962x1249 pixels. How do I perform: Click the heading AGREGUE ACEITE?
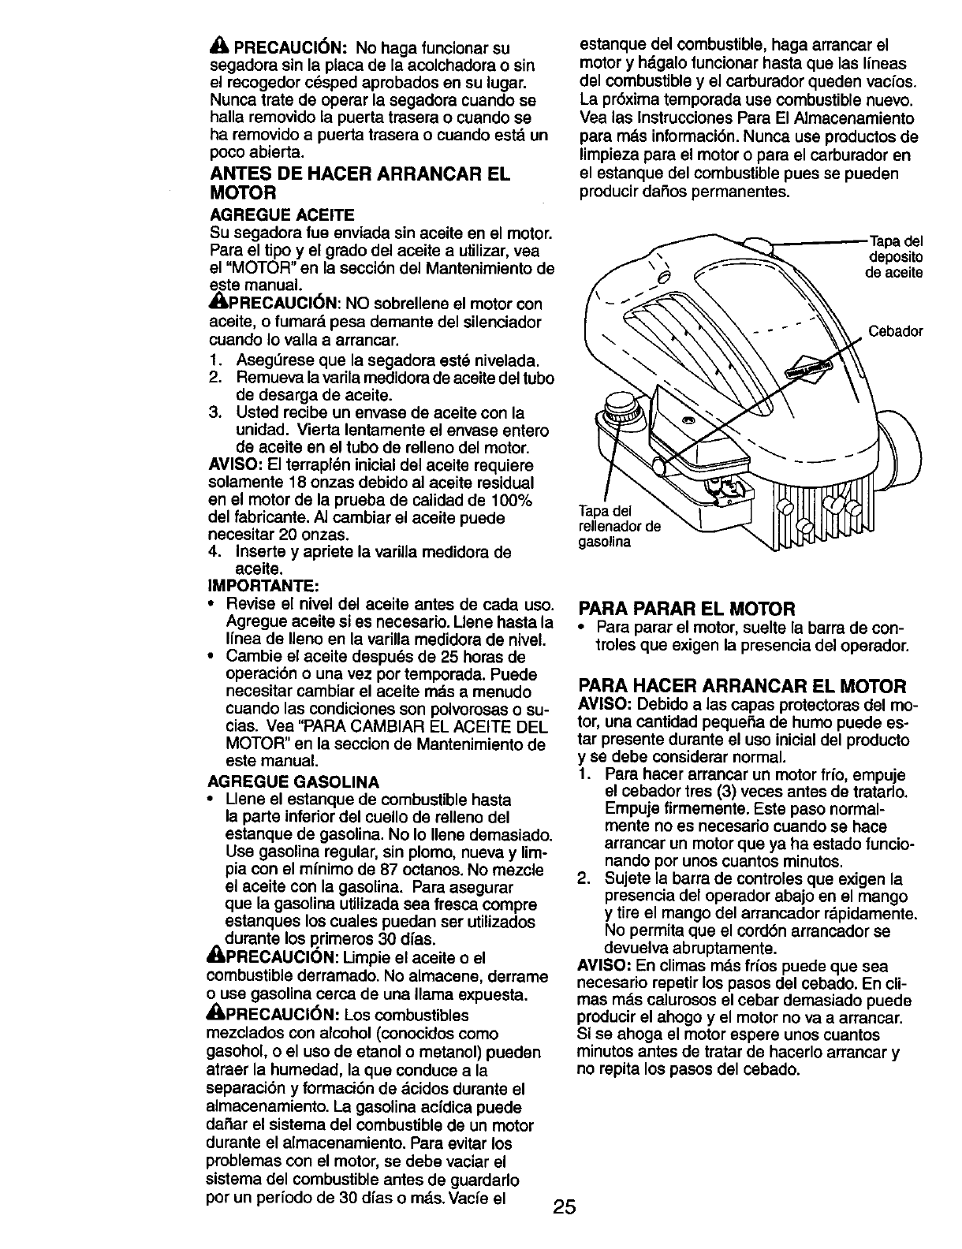[x=282, y=214]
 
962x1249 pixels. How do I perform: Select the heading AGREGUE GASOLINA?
[x=293, y=781]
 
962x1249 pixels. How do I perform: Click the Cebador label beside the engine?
[x=895, y=331]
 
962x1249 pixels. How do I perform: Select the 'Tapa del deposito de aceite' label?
[x=895, y=257]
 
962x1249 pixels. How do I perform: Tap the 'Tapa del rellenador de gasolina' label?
[x=620, y=526]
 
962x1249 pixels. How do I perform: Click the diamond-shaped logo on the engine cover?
[x=809, y=367]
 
